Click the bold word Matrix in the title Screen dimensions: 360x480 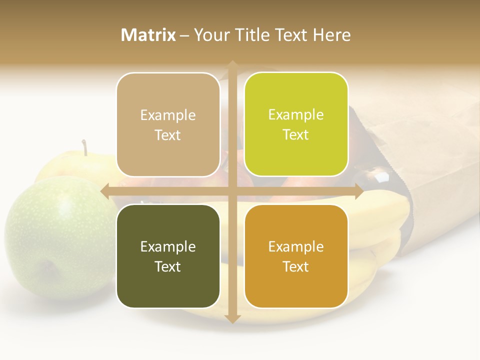coord(148,35)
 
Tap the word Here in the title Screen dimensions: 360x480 coord(331,35)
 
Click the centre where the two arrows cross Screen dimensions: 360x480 coord(232,191)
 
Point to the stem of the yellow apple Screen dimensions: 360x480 coord(85,147)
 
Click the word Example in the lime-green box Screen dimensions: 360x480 coord(296,115)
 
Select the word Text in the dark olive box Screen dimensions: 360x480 coord(168,266)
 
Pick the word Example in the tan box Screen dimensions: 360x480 coord(168,115)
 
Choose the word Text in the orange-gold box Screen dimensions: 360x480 coord(296,266)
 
